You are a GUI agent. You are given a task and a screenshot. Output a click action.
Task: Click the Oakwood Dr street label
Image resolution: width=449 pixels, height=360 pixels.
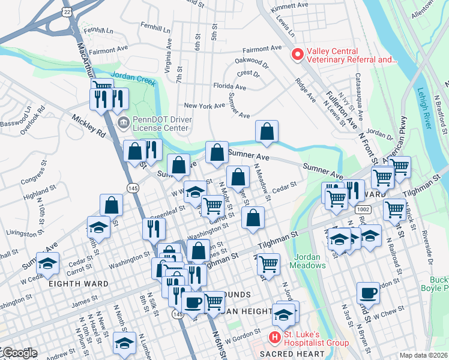(x=252, y=61)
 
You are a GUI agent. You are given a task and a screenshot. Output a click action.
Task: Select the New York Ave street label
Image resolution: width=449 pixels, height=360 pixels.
(x=204, y=106)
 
